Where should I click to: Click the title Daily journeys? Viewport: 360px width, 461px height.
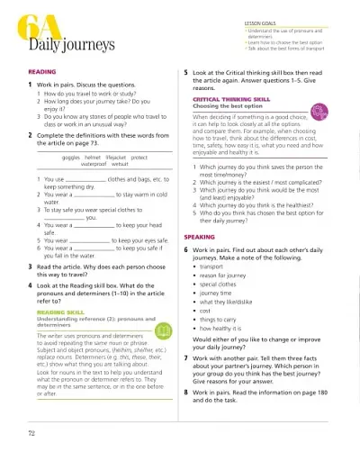[53, 44]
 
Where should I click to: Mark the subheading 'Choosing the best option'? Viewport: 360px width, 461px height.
[226, 106]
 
